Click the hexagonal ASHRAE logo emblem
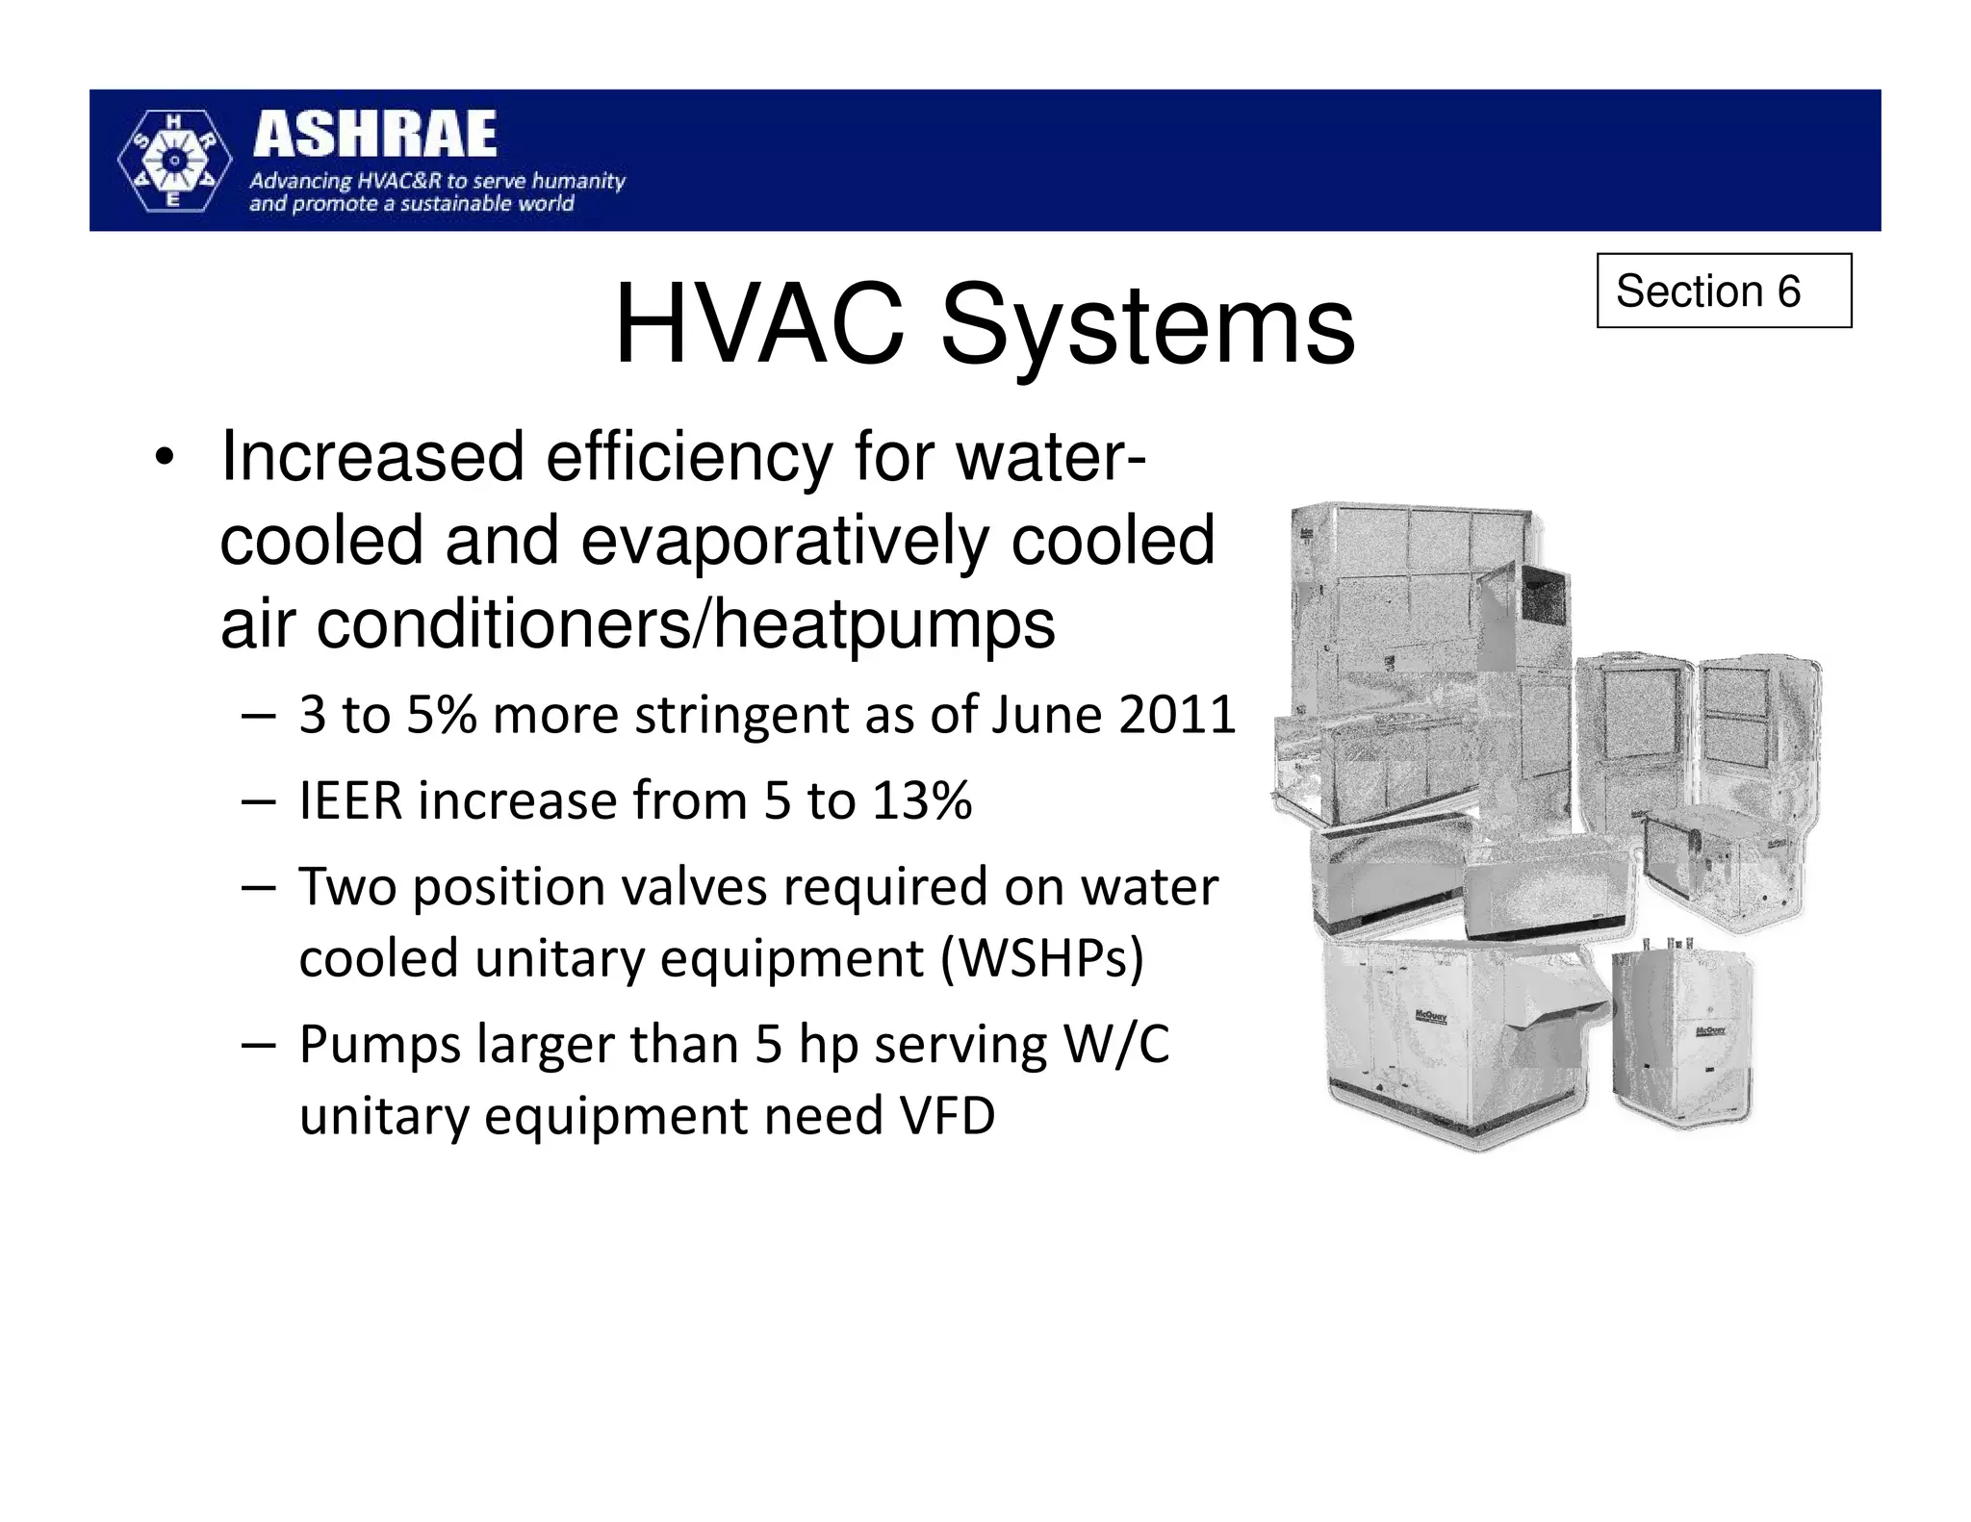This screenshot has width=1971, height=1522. (174, 161)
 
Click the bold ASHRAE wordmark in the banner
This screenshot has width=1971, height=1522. (375, 135)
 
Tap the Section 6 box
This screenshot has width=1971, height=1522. (1723, 291)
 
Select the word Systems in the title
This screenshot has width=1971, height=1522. (1147, 327)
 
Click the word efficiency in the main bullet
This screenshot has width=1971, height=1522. (689, 457)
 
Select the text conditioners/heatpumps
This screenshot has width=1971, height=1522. (685, 624)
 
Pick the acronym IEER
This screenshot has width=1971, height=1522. (349, 800)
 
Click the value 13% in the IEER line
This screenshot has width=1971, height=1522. (922, 800)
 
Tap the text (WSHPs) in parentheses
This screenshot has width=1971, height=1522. (1041, 958)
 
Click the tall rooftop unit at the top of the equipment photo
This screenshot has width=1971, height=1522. (1415, 616)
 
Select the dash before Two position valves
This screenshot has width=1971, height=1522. (258, 887)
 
